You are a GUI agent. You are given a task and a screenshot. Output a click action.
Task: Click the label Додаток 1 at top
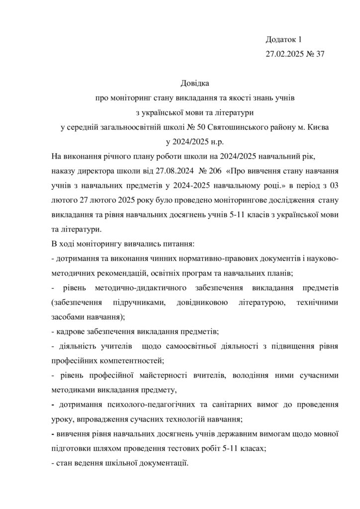284,39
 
